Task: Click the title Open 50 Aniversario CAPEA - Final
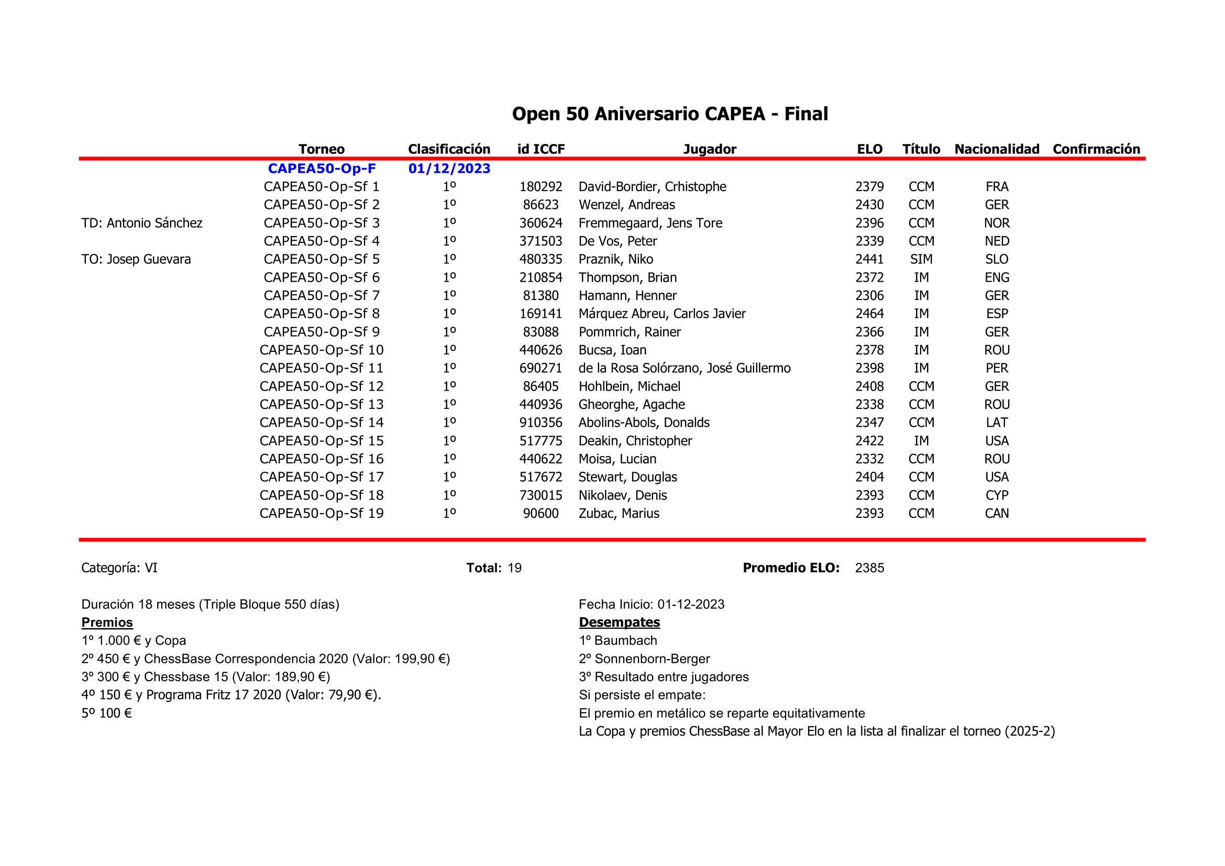(670, 114)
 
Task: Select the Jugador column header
(710, 149)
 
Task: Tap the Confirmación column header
(1096, 149)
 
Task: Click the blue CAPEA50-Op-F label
(322, 169)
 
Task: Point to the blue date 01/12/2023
(449, 169)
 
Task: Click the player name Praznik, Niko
(616, 259)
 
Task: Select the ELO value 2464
(870, 314)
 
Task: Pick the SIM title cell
(921, 259)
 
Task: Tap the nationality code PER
(997, 368)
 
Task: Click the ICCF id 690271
(540, 368)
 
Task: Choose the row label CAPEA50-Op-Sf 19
(322, 513)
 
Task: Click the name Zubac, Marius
(619, 513)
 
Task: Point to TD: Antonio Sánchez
(142, 223)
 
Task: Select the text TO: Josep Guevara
(136, 259)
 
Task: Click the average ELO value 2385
(870, 568)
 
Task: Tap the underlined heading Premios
(107, 623)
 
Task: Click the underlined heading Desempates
(620, 623)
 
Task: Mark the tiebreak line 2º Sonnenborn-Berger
(644, 659)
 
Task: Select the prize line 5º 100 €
(107, 713)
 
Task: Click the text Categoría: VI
(119, 568)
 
